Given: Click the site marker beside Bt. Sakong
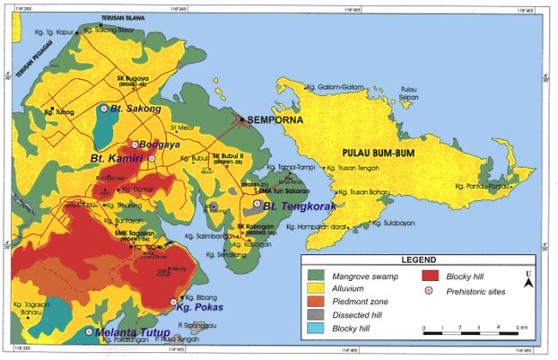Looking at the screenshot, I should click(x=104, y=109).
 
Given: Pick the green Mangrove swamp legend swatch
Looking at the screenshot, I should click(x=318, y=275).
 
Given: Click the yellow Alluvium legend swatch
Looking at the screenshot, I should click(x=318, y=290).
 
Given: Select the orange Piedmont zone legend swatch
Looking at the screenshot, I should click(x=318, y=303).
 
